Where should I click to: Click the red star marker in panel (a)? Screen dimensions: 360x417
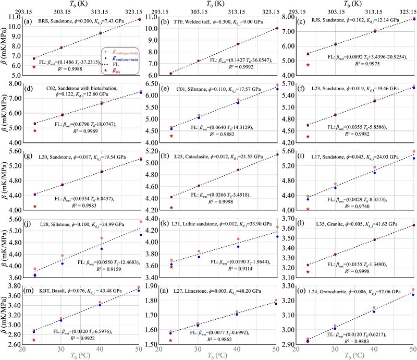click(x=34, y=67)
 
